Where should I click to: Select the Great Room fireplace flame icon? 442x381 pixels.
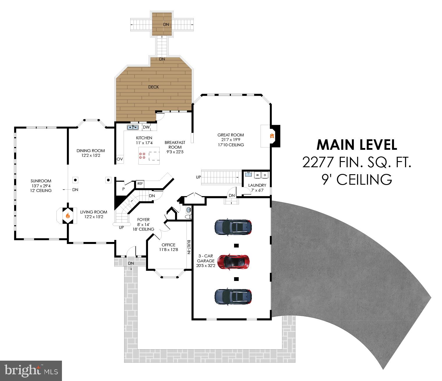pyautogui.click(x=272, y=136)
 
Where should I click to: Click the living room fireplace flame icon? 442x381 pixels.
pyautogui.click(x=67, y=216)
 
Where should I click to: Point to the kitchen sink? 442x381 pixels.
pyautogui.click(x=133, y=127)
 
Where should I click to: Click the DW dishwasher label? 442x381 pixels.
pyautogui.click(x=146, y=127)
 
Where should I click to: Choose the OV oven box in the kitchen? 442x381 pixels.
pyautogui.click(x=120, y=159)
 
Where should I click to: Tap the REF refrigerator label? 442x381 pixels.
pyautogui.click(x=140, y=184)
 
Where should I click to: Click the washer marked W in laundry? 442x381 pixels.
pyautogui.click(x=257, y=175)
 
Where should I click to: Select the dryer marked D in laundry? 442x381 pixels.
pyautogui.click(x=265, y=175)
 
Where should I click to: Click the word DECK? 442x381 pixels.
pyautogui.click(x=154, y=87)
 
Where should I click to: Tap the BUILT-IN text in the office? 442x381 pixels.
pyautogui.click(x=189, y=247)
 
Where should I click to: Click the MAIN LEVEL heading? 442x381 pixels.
pyautogui.click(x=357, y=145)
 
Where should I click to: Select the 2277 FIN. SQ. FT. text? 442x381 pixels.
pyautogui.click(x=357, y=162)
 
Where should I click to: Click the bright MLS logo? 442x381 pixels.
pyautogui.click(x=31, y=371)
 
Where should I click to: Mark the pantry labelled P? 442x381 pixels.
pyautogui.click(x=124, y=189)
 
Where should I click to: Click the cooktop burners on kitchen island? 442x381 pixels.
pyautogui.click(x=142, y=156)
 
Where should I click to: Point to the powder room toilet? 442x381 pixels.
pyautogui.click(x=188, y=216)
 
